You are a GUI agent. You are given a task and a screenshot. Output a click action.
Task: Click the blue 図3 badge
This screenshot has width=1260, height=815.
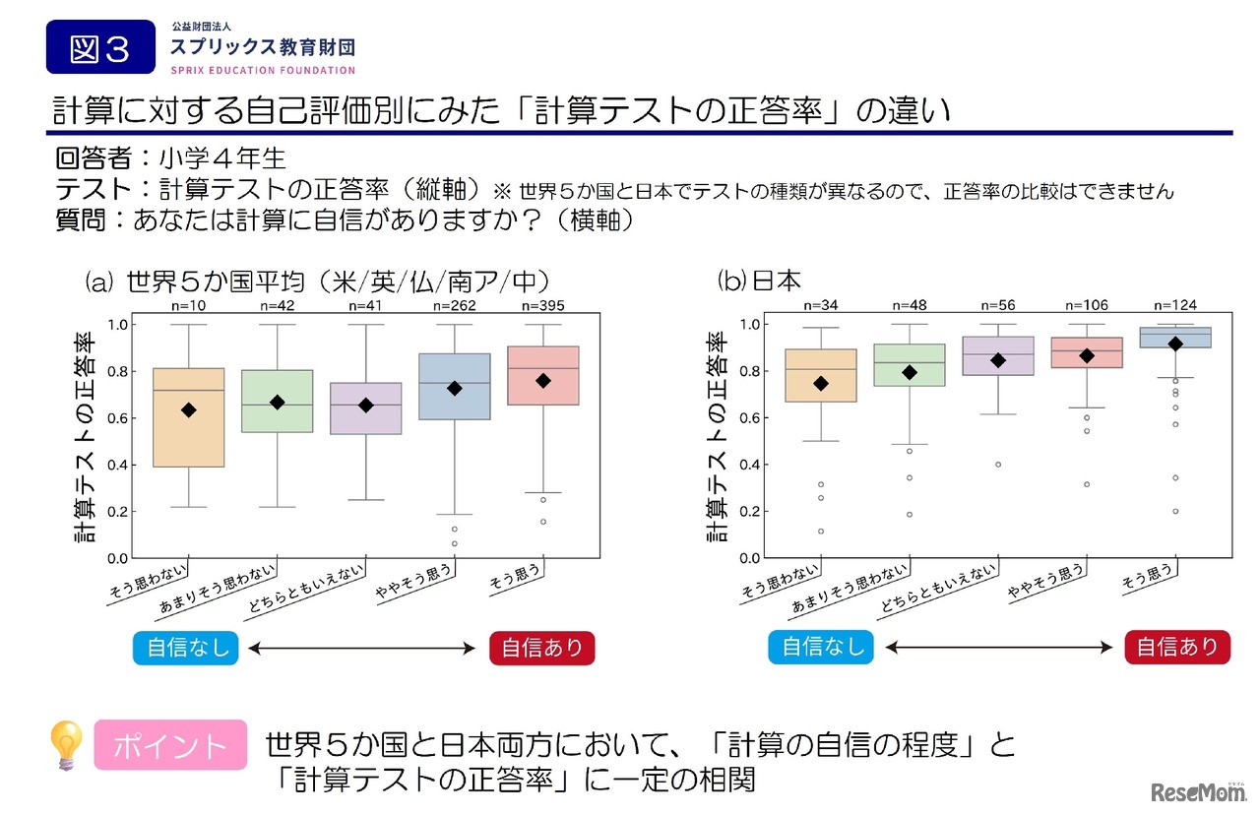100,47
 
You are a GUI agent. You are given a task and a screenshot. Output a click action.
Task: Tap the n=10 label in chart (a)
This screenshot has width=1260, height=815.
189,306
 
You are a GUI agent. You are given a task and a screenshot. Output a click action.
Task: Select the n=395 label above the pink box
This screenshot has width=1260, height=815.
542,306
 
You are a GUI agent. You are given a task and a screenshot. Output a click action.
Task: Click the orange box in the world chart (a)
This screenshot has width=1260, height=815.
189,416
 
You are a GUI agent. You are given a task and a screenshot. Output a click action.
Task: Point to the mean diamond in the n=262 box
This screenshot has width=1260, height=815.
455,389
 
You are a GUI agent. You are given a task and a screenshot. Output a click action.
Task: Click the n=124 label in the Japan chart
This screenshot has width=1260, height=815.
1175,306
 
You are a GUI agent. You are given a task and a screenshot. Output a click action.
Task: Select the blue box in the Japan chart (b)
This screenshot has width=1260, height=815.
1175,338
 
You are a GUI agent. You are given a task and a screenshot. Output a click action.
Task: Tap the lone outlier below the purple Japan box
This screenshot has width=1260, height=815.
998,465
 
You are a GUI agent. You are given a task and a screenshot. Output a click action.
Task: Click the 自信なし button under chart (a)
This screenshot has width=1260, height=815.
186,648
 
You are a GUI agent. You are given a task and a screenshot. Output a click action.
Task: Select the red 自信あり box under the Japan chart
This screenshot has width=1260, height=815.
1177,647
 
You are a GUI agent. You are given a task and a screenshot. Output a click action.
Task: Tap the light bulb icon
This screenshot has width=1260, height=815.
67,744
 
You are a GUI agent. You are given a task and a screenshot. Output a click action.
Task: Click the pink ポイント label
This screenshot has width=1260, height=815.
169,745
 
